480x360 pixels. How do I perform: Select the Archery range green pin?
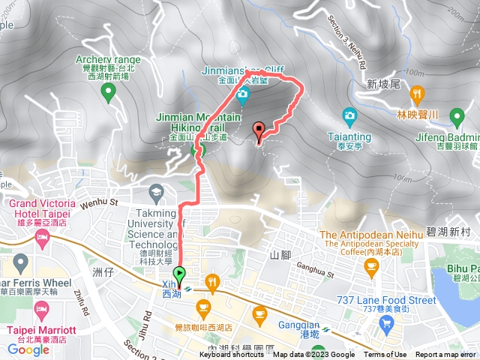(x=108, y=93)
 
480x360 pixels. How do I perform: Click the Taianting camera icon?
(x=349, y=115)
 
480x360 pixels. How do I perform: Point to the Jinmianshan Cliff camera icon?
(x=243, y=94)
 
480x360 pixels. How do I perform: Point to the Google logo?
(x=28, y=349)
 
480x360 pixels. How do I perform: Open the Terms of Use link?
(x=386, y=355)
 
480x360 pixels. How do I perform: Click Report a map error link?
(x=445, y=355)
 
